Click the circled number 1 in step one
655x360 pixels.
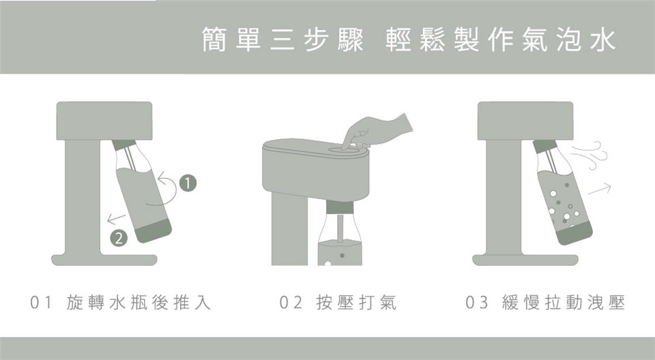point(188,183)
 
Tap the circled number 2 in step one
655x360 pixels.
point(119,239)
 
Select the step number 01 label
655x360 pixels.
point(41,303)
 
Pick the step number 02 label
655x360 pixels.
point(291,303)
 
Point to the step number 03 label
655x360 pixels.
point(477,303)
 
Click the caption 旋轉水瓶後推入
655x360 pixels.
point(139,303)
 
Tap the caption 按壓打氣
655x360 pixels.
point(356,303)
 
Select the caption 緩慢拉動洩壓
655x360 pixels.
point(563,303)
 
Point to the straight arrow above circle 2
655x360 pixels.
point(116,217)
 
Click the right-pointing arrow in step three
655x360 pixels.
point(600,189)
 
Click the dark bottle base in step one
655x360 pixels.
point(153,232)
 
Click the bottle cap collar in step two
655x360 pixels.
point(340,207)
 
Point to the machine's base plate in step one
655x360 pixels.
point(104,260)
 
